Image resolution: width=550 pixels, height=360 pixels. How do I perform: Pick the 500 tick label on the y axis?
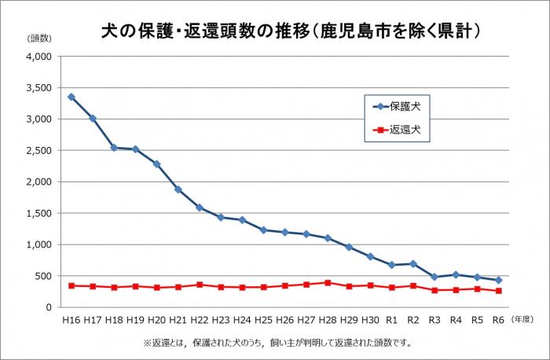[42, 276]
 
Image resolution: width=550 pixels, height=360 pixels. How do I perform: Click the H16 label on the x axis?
[71, 320]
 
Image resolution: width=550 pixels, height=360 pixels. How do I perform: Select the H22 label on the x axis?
[199, 320]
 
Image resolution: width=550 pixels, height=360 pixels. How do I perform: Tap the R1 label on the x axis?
[391, 320]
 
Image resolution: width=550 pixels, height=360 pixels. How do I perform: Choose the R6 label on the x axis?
[497, 320]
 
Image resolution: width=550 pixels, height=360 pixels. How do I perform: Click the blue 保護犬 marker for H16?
[71, 97]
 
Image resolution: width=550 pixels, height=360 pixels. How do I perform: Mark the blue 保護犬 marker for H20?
[156, 163]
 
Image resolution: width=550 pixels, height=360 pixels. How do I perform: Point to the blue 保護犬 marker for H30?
[370, 256]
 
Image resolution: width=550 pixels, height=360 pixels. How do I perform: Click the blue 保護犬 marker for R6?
[497, 280]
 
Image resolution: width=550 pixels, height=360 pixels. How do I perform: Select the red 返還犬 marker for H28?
[327, 282]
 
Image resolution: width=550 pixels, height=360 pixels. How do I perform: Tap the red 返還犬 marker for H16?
[71, 285]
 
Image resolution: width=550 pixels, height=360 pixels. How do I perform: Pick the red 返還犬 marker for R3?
[434, 290]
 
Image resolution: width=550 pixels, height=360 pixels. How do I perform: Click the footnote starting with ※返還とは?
[277, 343]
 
